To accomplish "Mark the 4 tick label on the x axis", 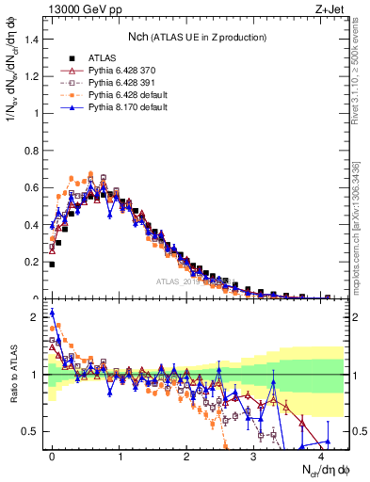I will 321,455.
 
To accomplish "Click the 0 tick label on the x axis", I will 52,455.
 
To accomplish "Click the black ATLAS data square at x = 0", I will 52,265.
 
